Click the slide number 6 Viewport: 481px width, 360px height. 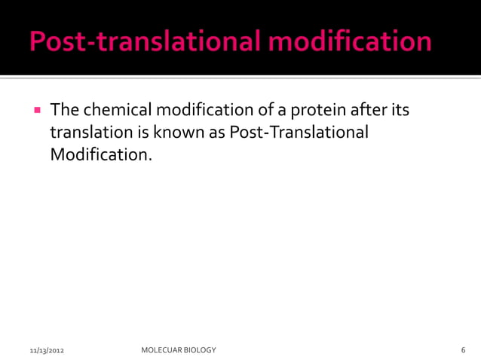click(x=463, y=351)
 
